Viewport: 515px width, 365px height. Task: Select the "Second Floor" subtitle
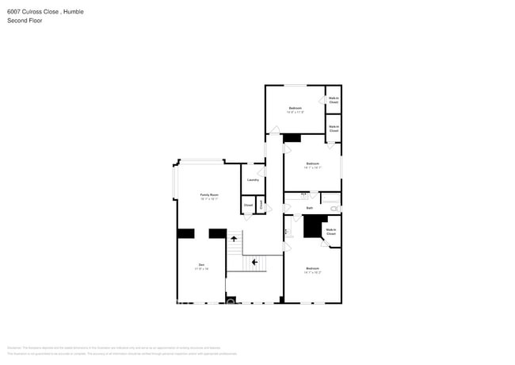click(x=25, y=21)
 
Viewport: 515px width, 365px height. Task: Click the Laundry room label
click(x=253, y=180)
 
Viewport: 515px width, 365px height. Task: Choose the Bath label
click(x=310, y=208)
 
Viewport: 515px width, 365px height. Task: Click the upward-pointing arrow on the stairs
click(x=234, y=238)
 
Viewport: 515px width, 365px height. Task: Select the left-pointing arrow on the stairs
click(x=254, y=261)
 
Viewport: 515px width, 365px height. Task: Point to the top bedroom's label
click(x=295, y=109)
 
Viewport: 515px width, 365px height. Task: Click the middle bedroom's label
click(x=312, y=165)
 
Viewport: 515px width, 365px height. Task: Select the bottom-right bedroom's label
click(x=312, y=270)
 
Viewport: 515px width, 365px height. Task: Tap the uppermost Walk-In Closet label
click(x=334, y=101)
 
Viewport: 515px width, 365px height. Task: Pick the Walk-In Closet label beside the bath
click(x=330, y=232)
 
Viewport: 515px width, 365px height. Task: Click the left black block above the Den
click(x=185, y=233)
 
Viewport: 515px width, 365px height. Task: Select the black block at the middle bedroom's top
click(x=292, y=138)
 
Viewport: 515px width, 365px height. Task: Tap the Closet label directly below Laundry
click(x=248, y=205)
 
